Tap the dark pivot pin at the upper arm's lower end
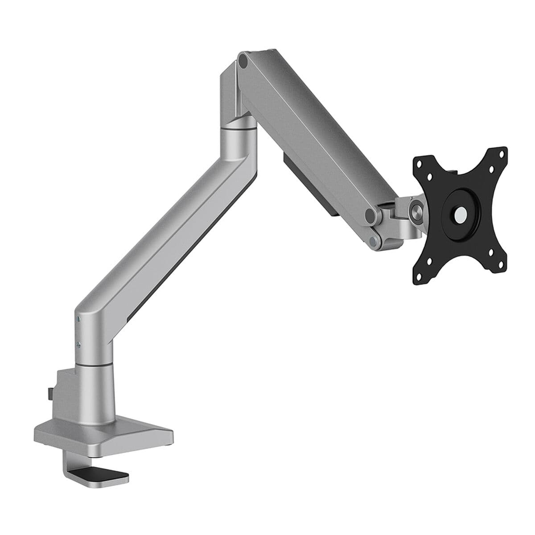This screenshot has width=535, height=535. [x=370, y=215]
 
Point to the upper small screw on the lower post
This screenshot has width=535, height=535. [x=78, y=319]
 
